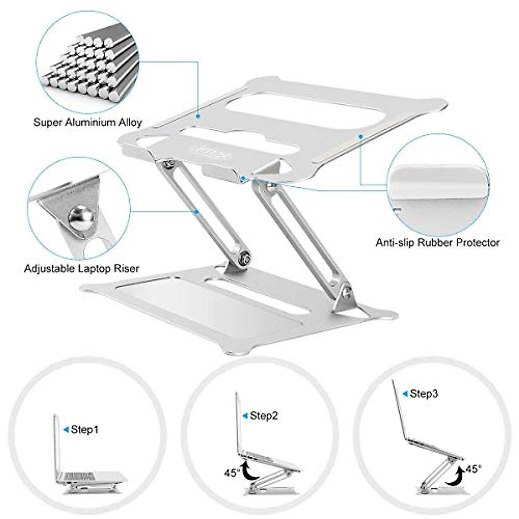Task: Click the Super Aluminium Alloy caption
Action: [88, 122]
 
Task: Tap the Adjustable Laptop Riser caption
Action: [82, 269]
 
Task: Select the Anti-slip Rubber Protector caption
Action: [437, 243]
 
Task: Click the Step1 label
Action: [85, 429]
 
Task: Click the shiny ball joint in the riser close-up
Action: [79, 216]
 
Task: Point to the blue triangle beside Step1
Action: [66, 429]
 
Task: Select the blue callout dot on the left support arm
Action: [197, 212]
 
